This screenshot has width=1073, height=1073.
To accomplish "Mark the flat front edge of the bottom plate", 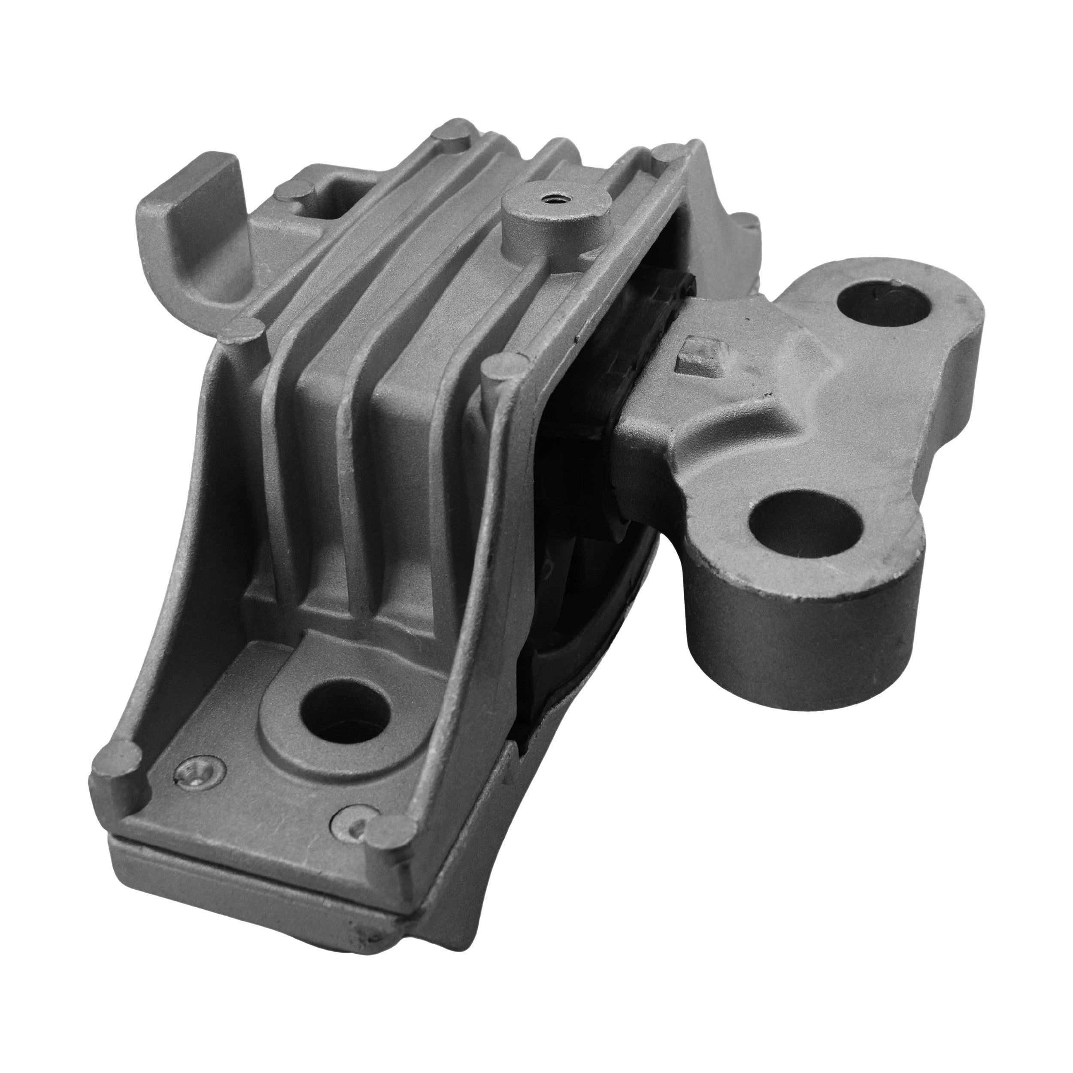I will coord(250,883).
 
